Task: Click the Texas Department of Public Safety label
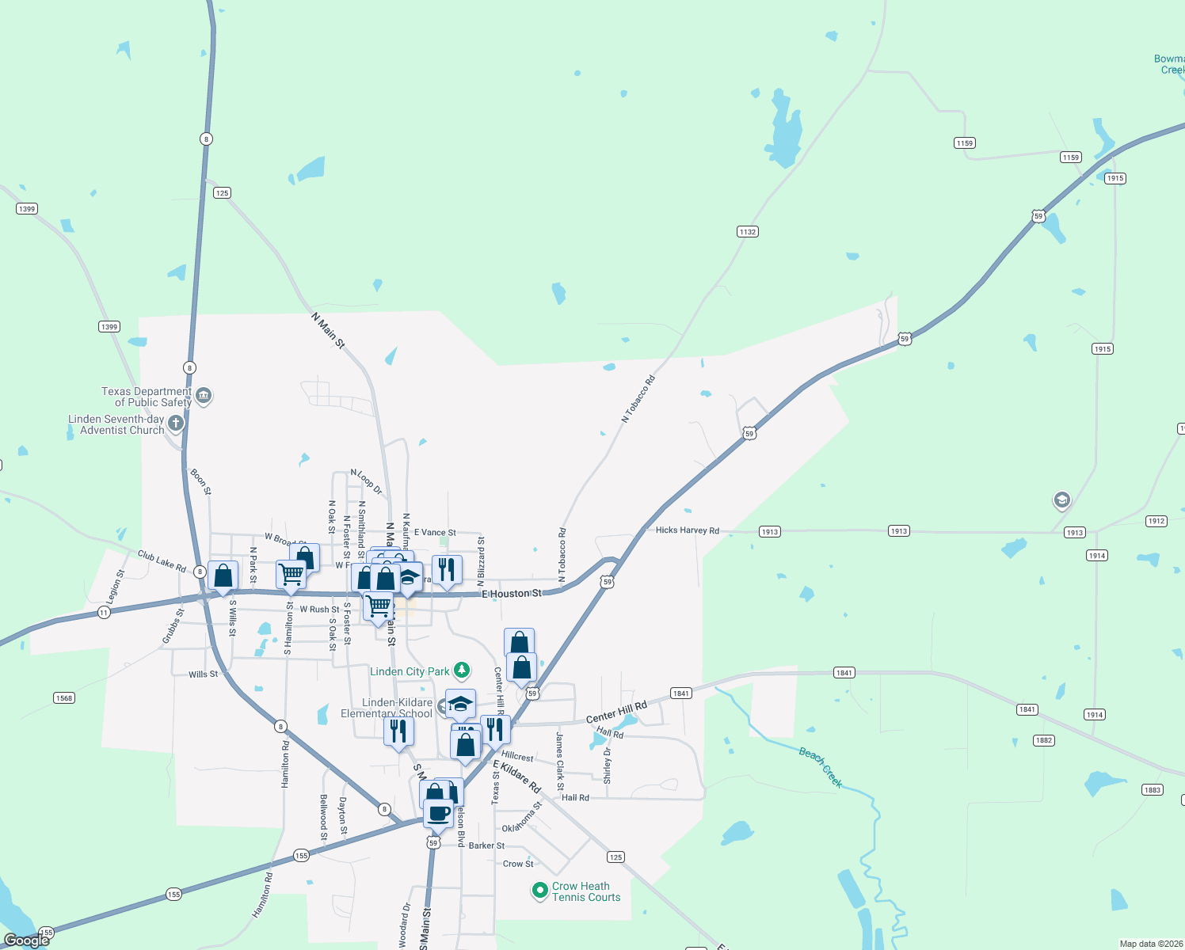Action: coord(147,397)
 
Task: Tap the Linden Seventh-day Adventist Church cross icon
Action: coord(176,423)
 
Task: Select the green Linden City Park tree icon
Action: coord(462,671)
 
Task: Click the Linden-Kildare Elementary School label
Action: coord(387,708)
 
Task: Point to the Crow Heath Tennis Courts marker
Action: coord(540,891)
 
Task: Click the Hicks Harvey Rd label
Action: coord(687,530)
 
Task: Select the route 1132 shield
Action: coord(747,232)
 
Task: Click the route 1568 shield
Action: coord(64,697)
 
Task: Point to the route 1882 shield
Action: coord(1043,740)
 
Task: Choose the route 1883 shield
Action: coord(1152,790)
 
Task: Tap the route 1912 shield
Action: coord(1156,521)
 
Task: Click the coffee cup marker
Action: coord(438,813)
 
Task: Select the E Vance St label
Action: coord(435,533)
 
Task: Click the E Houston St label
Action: coord(512,594)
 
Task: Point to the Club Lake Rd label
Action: coord(162,561)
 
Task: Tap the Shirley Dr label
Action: coord(608,765)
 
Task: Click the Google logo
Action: coord(27,940)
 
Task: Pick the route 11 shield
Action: coord(104,613)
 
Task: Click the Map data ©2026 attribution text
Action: coord(1150,944)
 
